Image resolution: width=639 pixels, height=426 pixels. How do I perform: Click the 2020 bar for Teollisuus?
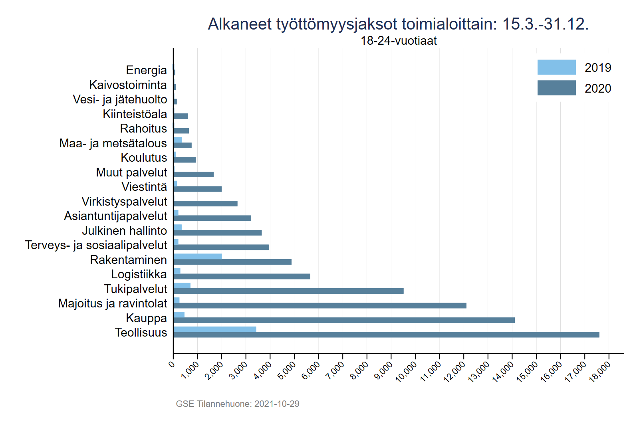[386, 335]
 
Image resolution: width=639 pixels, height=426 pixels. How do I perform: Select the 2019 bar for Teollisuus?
[215, 329]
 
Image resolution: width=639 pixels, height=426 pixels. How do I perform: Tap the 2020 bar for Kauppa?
[344, 320]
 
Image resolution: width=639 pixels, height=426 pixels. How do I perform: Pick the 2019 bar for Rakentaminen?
[198, 256]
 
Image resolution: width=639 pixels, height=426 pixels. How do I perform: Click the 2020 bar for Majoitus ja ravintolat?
[319, 305]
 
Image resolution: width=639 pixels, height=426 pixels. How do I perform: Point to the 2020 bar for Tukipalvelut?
[288, 291]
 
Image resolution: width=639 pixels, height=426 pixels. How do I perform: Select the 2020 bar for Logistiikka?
[242, 276]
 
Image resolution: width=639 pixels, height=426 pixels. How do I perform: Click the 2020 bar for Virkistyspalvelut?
[205, 204]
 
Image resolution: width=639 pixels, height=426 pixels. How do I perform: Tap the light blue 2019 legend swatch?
[556, 67]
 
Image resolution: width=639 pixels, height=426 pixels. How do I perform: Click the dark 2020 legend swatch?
[556, 88]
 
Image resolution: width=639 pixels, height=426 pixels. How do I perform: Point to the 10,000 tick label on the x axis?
[406, 371]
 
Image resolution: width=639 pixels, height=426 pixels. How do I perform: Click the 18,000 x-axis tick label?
[600, 371]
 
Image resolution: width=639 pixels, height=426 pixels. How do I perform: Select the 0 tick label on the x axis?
[172, 364]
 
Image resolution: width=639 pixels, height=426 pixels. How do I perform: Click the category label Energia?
[146, 70]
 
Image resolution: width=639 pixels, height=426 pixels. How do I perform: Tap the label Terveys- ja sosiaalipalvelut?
[96, 245]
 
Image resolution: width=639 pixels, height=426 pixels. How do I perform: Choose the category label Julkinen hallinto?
[124, 231]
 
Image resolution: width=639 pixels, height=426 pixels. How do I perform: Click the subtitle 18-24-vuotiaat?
[399, 41]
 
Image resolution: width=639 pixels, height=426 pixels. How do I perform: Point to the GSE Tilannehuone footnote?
[238, 404]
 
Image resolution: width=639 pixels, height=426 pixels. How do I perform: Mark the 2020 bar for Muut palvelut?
[193, 174]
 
